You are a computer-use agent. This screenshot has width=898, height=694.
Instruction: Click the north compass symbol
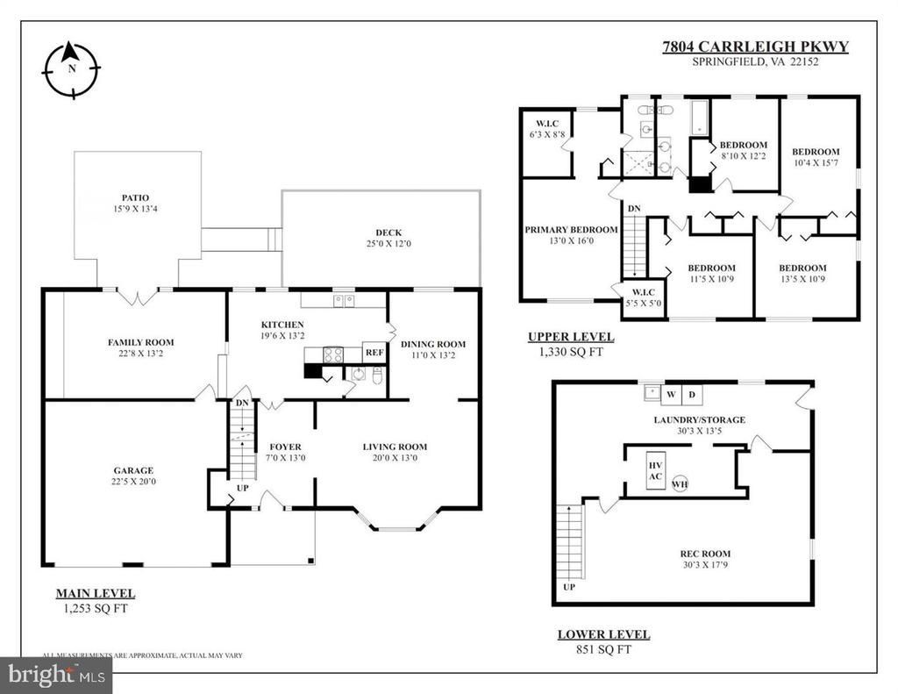pos(71,68)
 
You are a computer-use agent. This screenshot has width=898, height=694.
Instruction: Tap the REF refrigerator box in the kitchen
pos(374,352)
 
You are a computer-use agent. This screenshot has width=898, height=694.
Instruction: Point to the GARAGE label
pos(132,470)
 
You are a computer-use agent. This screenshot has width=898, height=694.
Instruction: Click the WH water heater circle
pos(680,484)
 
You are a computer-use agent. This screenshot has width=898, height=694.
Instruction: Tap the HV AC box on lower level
pos(655,471)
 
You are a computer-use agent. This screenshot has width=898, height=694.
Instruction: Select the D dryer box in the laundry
pos(691,393)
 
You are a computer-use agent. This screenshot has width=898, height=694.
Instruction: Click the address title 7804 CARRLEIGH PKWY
pos(755,47)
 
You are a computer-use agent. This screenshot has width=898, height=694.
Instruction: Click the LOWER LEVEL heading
pos(603,634)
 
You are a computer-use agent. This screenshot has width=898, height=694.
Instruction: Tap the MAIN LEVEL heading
pos(95,593)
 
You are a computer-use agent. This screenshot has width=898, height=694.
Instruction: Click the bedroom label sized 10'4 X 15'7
pos(815,152)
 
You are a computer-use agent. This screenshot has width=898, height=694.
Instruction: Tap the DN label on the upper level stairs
pos(633,208)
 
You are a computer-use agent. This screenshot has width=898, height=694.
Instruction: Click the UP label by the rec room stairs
pos(568,587)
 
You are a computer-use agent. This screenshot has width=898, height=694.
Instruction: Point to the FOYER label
pos(285,447)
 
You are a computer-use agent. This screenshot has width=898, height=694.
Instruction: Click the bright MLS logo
pos(55,676)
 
